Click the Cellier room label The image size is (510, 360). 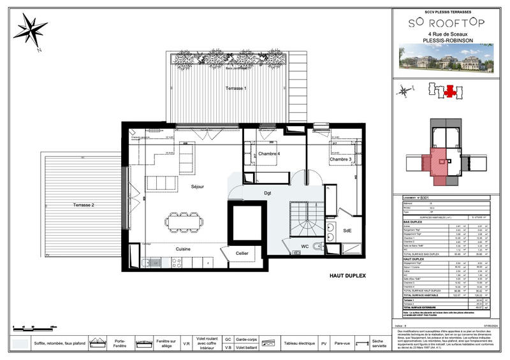pyautogui.click(x=242, y=254)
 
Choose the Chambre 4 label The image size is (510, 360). pyautogui.click(x=269, y=154)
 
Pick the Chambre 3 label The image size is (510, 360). pyautogui.click(x=341, y=159)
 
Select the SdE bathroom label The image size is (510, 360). pyautogui.click(x=347, y=231)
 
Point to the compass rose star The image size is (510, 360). pyautogui.click(x=30, y=29)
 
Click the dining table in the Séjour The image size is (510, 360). pyautogui.click(x=184, y=219)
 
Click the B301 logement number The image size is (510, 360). pyautogui.click(x=424, y=199)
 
